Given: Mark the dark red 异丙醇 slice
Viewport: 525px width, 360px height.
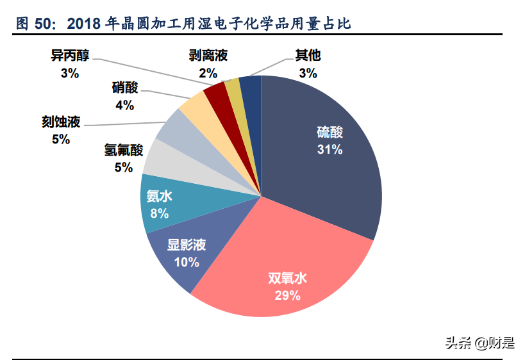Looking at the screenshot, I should pos(216,95).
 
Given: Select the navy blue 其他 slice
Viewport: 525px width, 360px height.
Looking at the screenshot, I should pos(252,90).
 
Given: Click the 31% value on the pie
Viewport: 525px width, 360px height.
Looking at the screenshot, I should pos(330,150).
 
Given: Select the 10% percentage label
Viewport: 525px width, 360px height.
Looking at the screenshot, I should pos(187,262).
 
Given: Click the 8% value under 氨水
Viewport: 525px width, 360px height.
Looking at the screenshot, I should pos(160,213).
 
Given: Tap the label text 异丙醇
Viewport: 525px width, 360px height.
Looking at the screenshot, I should pos(69,54).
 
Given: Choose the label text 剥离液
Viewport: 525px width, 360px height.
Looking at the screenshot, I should pos(208,55).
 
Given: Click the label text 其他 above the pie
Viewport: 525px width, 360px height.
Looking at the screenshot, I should pos(308,55).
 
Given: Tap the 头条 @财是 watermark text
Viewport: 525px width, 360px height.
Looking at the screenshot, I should pos(480,343).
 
